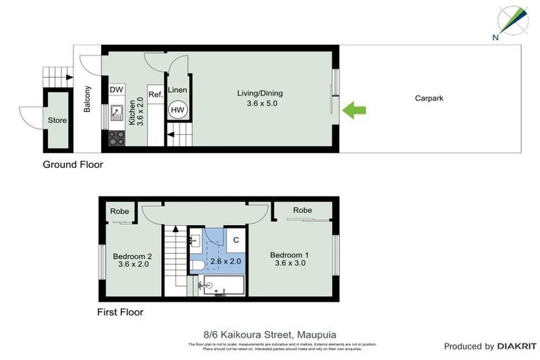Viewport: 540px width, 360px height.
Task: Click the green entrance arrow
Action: [x=355, y=109]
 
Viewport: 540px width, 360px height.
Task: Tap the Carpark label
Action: [x=429, y=98]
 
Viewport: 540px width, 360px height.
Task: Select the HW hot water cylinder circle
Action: [x=178, y=110]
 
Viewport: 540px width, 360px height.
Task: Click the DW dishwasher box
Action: [x=116, y=90]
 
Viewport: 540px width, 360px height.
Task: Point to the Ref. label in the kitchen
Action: [x=155, y=94]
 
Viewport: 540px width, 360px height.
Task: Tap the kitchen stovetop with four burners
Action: [x=116, y=139]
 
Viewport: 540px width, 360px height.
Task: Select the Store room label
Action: [x=57, y=120]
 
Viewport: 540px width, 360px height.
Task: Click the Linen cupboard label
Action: [x=178, y=90]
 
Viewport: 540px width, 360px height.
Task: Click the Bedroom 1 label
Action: [x=289, y=255]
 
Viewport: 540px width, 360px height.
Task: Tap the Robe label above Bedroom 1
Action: [x=302, y=210]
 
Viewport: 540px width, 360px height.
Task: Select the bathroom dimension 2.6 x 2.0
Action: [x=226, y=261]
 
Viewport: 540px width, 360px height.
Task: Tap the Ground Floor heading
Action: [x=72, y=165]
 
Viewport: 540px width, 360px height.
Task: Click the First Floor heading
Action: [x=120, y=311]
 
